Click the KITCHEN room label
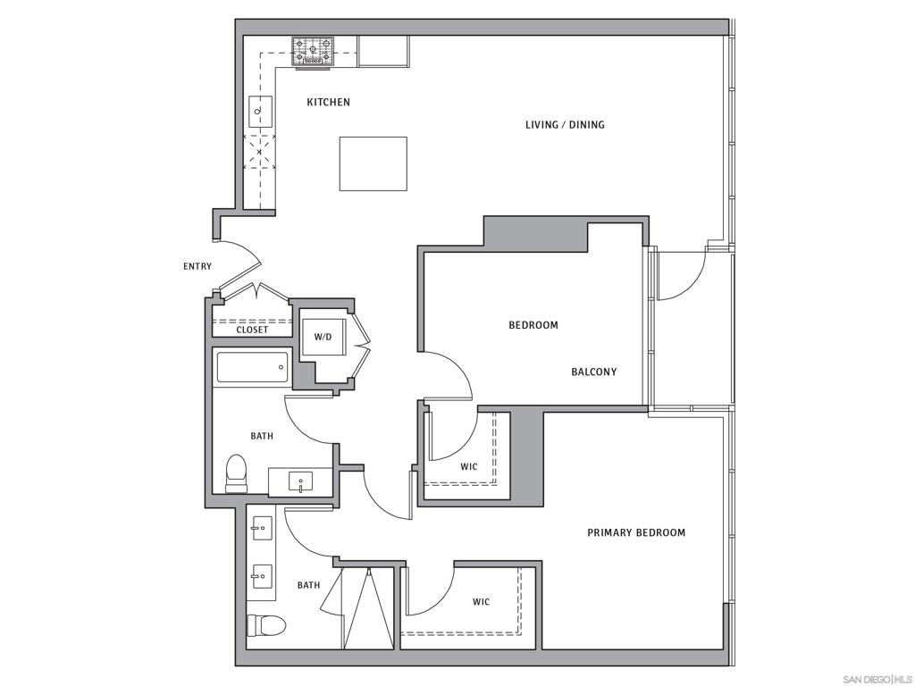click(x=328, y=103)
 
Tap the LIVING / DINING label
click(x=565, y=125)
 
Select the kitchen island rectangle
click(x=373, y=163)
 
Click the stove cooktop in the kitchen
click(x=313, y=51)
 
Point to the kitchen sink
click(x=260, y=111)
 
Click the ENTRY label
click(x=197, y=266)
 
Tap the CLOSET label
click(x=252, y=330)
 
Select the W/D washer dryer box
click(x=323, y=337)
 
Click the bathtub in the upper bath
click(x=252, y=366)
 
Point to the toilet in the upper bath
click(x=236, y=474)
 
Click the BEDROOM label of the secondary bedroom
click(x=533, y=325)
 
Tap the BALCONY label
click(x=593, y=372)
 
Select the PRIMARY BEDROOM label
click(x=636, y=533)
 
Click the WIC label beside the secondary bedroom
click(x=468, y=467)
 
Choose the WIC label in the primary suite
click(x=481, y=602)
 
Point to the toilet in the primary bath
click(x=266, y=624)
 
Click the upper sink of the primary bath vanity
click(x=262, y=529)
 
